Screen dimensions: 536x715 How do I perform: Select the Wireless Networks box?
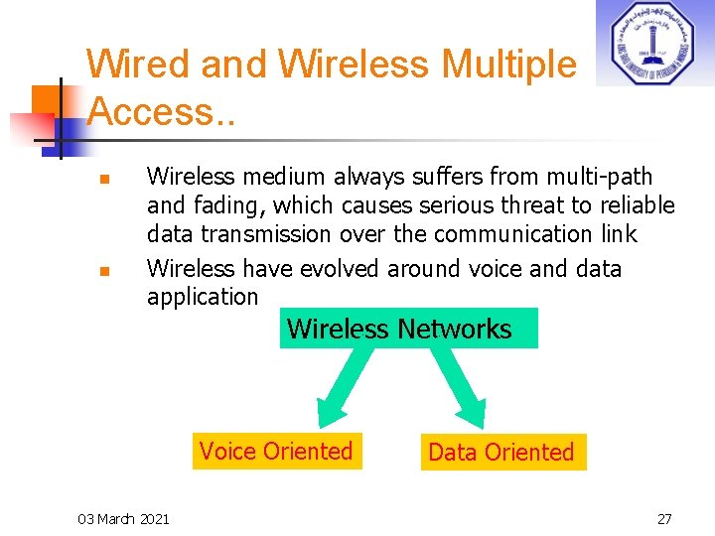pyautogui.click(x=408, y=329)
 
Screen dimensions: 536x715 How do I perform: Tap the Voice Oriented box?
pyautogui.click(x=275, y=452)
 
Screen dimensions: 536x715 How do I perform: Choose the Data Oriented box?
pyautogui.click(x=501, y=453)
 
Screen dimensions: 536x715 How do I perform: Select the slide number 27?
pyautogui.click(x=664, y=518)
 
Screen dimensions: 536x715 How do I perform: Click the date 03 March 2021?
pyautogui.click(x=123, y=518)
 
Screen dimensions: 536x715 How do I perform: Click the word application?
pyautogui.click(x=203, y=297)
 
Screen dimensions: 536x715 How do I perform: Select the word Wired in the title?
pyautogui.click(x=138, y=65)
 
